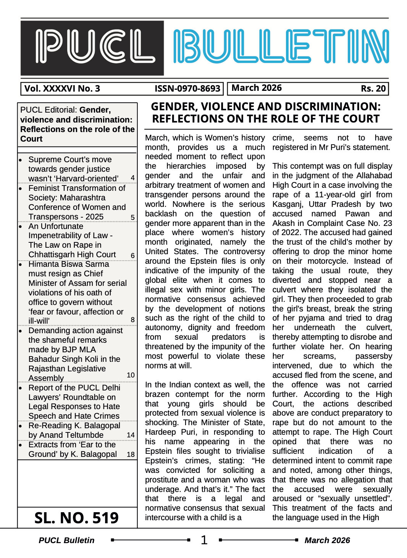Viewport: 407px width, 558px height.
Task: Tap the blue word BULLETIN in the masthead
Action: [x=281, y=47]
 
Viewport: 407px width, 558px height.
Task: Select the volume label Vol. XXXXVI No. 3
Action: [x=62, y=89]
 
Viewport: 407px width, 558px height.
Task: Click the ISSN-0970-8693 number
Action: [x=187, y=89]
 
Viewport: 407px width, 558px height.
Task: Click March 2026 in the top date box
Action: [x=257, y=88]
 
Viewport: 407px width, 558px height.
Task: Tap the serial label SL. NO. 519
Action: [x=76, y=518]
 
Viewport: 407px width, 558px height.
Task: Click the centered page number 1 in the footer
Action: [x=204, y=540]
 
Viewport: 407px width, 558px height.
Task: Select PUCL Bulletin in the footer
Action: [x=66, y=540]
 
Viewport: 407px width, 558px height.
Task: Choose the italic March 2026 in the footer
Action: [x=327, y=540]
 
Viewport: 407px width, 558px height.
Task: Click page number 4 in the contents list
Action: [x=132, y=178]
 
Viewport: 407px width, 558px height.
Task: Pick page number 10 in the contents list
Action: [x=131, y=375]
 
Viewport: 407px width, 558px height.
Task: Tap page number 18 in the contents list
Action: [x=131, y=454]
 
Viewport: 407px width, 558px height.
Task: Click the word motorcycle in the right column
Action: [x=328, y=261]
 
